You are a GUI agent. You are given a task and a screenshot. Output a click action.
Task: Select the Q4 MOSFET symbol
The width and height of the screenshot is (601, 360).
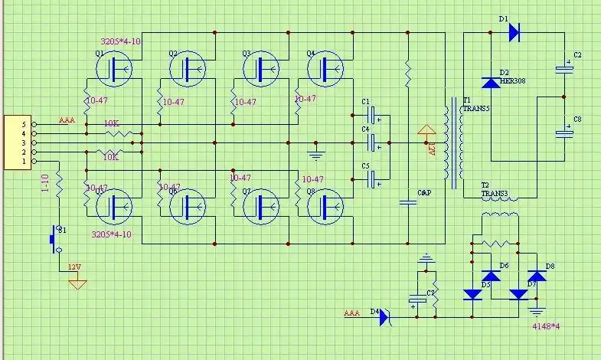click(325, 68)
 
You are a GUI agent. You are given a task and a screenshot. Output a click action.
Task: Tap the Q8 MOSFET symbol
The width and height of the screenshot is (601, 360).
click(325, 205)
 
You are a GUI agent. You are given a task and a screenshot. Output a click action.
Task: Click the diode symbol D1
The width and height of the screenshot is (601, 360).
click(513, 32)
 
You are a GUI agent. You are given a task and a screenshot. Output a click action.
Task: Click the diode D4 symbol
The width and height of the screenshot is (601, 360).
click(384, 315)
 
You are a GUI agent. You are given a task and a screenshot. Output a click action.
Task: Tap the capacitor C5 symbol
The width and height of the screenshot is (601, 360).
click(374, 180)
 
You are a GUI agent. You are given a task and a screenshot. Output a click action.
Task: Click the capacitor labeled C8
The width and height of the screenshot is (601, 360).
click(564, 133)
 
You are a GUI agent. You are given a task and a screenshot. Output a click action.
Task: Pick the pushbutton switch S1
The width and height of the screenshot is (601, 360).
click(56, 238)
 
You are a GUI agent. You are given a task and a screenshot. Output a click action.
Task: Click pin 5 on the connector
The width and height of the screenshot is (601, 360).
click(24, 124)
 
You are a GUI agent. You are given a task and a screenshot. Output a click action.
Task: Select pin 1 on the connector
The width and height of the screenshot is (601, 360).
click(24, 162)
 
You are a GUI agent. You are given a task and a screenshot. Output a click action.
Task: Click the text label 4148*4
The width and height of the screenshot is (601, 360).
click(546, 326)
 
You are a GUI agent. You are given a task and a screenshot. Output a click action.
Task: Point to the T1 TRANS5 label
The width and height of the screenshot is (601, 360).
click(475, 105)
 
